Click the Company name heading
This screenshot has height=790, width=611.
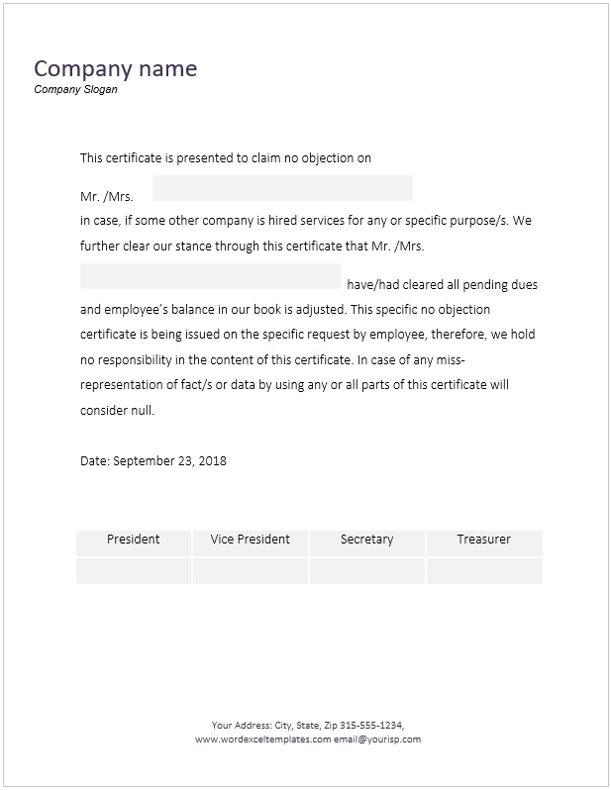click(115, 68)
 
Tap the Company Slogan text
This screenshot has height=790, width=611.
click(75, 89)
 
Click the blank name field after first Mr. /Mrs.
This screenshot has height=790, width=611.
click(282, 188)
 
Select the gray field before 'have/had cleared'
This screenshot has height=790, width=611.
click(210, 276)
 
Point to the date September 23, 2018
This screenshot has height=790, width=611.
click(170, 460)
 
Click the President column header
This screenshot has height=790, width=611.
click(134, 540)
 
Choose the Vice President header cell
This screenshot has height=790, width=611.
click(251, 540)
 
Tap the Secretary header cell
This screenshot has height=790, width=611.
click(366, 540)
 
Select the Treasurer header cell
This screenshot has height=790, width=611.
click(484, 540)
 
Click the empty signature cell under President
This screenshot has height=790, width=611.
click(134, 571)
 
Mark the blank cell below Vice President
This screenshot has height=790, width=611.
click(251, 571)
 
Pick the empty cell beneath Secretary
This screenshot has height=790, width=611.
click(366, 571)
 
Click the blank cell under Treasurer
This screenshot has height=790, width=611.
click(484, 571)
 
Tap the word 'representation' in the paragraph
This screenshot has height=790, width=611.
click(123, 384)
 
